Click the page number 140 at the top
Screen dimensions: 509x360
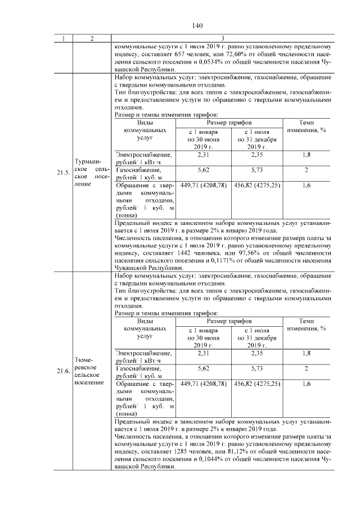pyautogui.click(x=196, y=25)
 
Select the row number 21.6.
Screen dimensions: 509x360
pyautogui.click(x=62, y=371)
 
